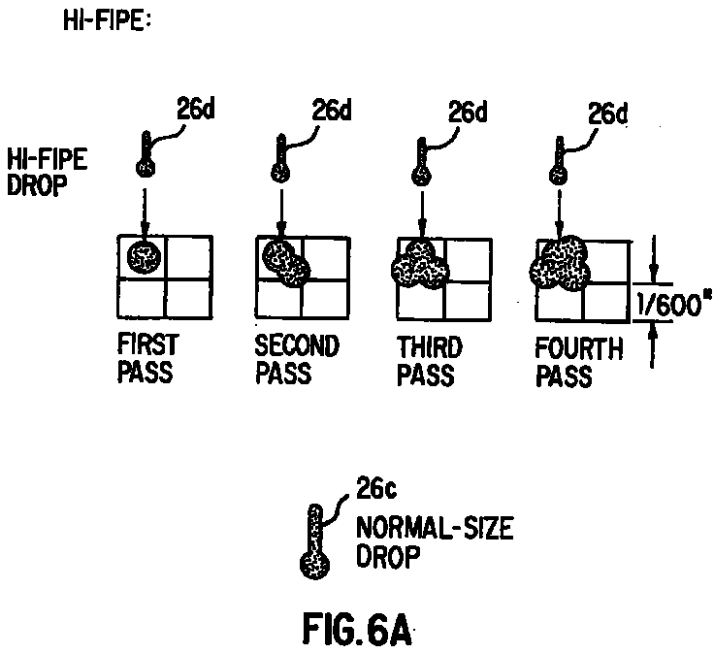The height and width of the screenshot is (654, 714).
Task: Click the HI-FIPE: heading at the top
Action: click(107, 20)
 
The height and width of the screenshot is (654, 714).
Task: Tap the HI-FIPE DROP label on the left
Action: click(47, 173)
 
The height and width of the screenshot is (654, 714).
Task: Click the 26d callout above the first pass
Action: click(195, 110)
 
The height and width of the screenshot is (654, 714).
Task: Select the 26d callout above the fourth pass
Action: click(607, 114)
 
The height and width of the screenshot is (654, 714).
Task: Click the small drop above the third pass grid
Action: click(422, 162)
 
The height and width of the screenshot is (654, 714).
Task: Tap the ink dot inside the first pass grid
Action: click(144, 257)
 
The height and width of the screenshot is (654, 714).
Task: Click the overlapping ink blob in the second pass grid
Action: click(286, 263)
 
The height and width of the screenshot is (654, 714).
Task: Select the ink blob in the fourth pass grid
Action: click(560, 263)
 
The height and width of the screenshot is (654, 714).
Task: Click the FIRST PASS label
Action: click(148, 358)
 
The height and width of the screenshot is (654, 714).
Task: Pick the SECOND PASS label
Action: click(297, 359)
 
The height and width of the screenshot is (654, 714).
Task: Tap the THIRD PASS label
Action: click(430, 361)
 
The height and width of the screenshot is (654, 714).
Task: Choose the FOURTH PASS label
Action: click(579, 363)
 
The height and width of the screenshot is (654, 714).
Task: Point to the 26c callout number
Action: click(375, 489)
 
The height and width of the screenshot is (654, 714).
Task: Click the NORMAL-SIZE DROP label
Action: click(435, 542)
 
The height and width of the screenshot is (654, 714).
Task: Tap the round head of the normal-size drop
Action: click(314, 565)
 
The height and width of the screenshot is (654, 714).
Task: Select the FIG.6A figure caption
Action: click(357, 630)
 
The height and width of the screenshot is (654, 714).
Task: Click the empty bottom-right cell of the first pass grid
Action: click(188, 298)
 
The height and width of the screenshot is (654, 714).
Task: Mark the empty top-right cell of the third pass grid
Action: click(468, 260)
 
